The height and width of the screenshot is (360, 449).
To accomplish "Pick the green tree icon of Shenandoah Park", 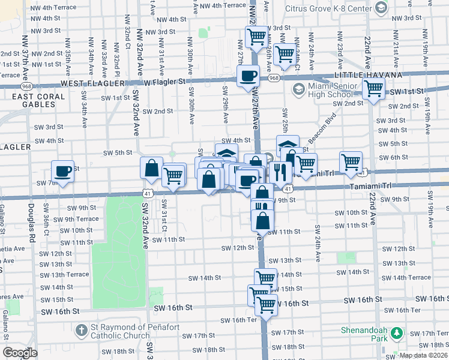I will [x=396, y=332].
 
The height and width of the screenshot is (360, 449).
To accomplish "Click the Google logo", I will [x=20, y=353].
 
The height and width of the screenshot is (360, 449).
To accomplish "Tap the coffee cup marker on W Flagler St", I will [x=248, y=76].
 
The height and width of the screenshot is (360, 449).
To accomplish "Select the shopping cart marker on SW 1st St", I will [x=374, y=89].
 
